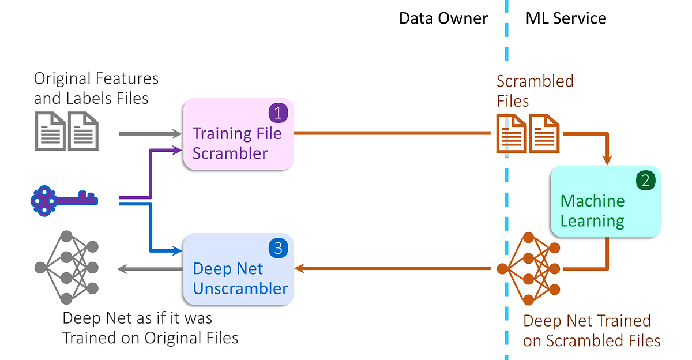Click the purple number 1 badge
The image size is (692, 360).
click(278, 112)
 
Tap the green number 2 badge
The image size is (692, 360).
click(645, 181)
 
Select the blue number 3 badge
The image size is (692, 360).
click(278, 248)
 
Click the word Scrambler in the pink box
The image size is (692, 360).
click(230, 153)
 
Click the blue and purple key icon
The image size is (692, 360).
click(64, 200)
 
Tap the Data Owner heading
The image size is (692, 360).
click(443, 18)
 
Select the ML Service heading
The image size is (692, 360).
click(566, 18)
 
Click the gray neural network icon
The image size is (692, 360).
click(66, 267)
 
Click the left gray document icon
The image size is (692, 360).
click(50, 130)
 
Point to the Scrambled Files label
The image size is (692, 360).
click(535, 91)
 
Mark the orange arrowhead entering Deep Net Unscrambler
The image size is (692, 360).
click(299, 268)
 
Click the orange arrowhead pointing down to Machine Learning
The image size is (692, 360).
click(607, 160)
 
